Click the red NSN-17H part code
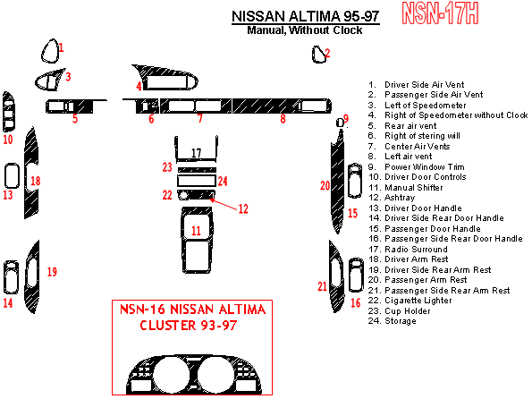pos(440,13)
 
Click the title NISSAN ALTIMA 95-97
pos(306,16)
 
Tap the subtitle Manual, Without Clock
pos(304,30)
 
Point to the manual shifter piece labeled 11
pos(184,238)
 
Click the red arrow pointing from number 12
pos(223,204)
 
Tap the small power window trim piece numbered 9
pos(339,123)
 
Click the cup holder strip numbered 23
pos(197,170)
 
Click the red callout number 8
pos(283,119)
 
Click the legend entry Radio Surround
pos(408,250)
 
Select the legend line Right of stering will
pos(414,136)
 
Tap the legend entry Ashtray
pos(392,198)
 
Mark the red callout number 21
pos(322,286)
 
